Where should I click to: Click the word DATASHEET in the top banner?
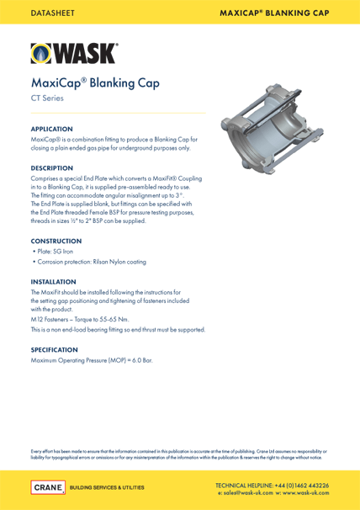coord(52,12)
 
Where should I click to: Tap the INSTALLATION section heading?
coord(58,281)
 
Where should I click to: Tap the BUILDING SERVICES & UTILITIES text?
coord(106,487)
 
